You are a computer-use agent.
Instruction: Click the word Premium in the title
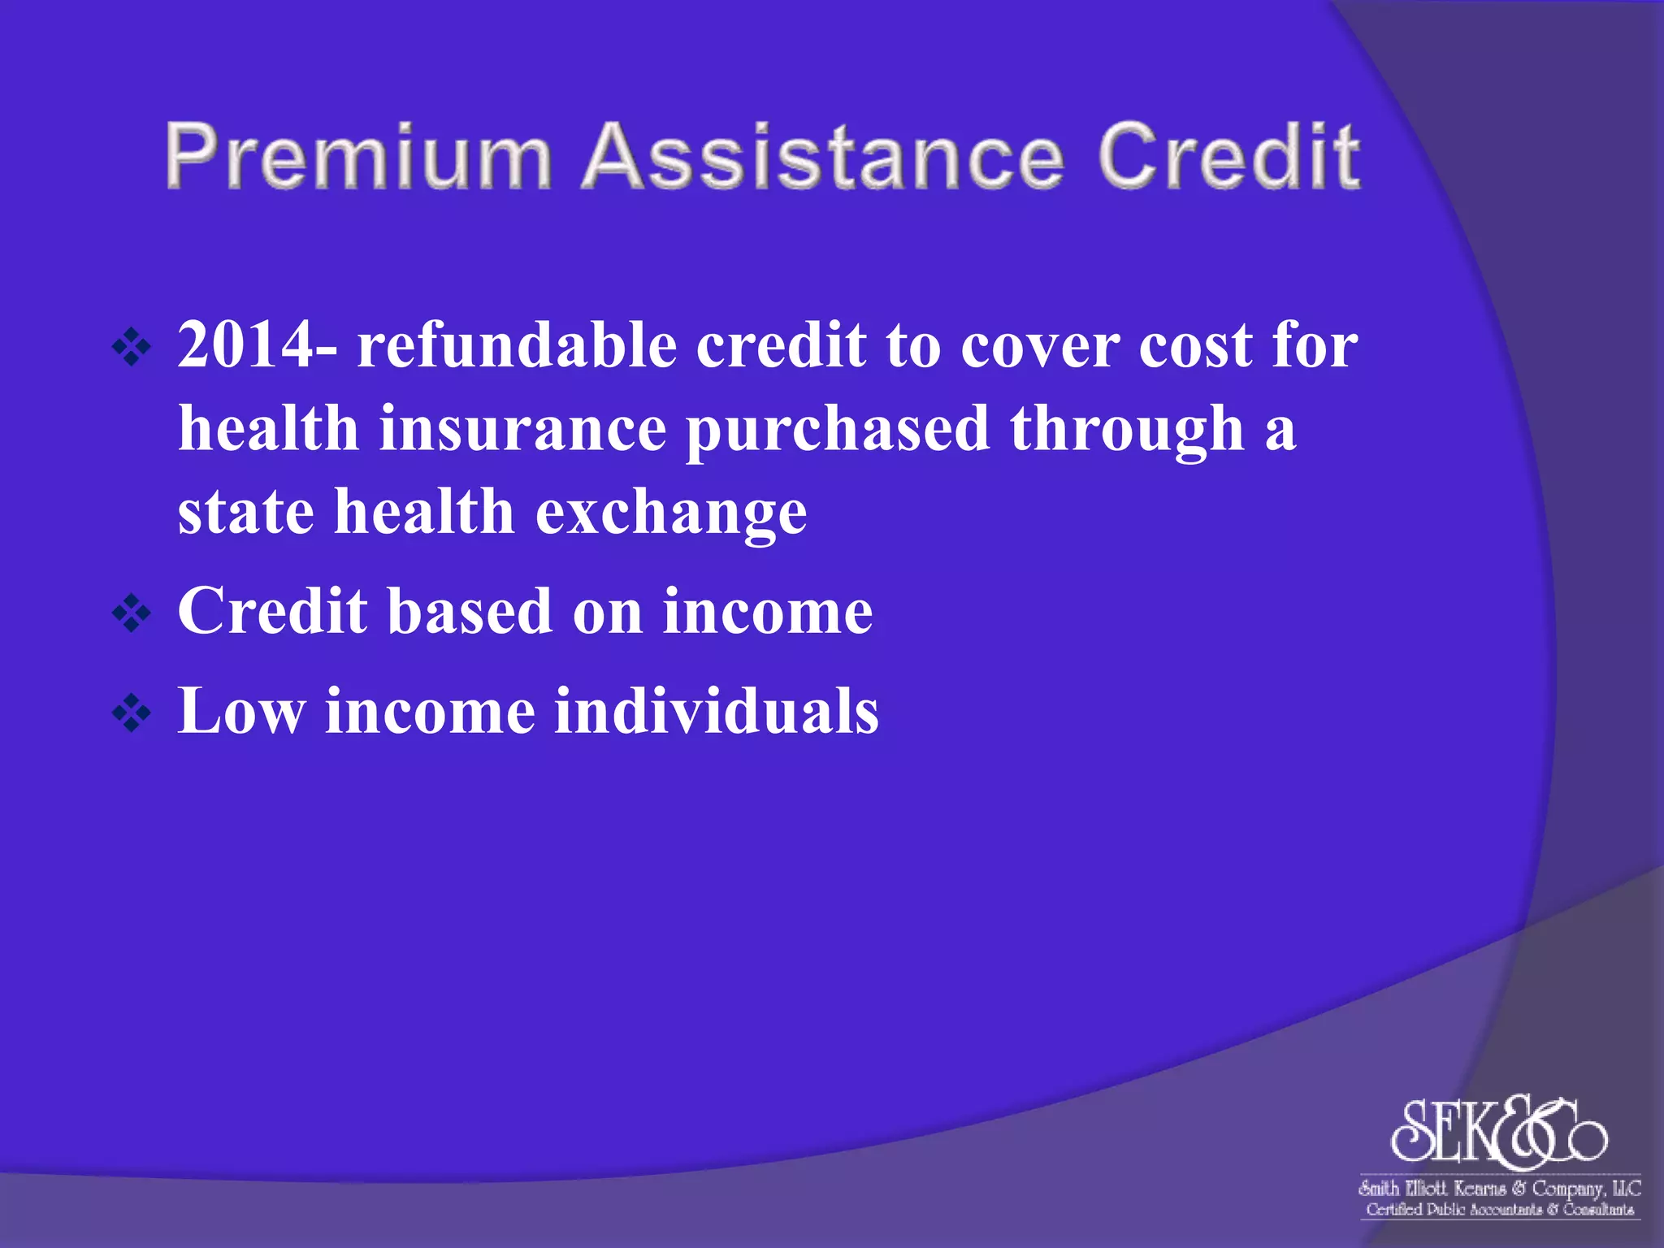click(x=357, y=157)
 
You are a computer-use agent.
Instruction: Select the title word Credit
click(x=1228, y=157)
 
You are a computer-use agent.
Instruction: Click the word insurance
click(x=522, y=429)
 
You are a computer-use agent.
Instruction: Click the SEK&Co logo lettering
click(x=1498, y=1132)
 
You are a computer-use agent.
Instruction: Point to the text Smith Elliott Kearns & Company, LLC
click(x=1499, y=1189)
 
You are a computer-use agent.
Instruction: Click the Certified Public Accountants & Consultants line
click(x=1499, y=1210)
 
